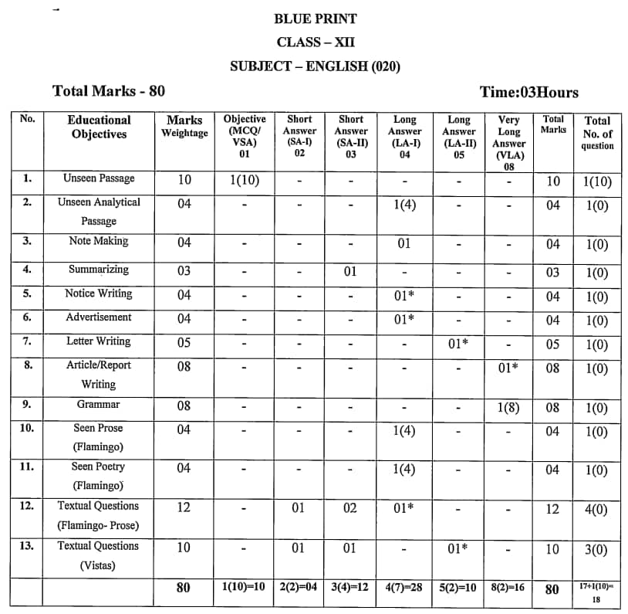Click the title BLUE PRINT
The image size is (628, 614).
point(315,19)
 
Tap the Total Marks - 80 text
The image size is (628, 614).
point(109,91)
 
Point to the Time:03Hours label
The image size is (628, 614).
point(528,93)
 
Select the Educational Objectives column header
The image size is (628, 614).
point(99,127)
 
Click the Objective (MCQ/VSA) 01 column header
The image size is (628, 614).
point(245,136)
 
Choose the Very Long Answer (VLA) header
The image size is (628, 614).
point(508,137)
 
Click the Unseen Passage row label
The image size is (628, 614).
point(99,178)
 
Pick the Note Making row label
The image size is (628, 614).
point(98,241)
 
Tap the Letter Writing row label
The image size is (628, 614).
point(98,341)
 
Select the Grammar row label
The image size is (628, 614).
point(98,404)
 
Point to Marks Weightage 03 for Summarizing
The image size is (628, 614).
point(184,271)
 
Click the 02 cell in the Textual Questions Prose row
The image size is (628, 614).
point(350,508)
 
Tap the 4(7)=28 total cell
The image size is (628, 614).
point(404,587)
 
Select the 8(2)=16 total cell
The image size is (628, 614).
point(508,587)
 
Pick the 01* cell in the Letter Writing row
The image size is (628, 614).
point(458,344)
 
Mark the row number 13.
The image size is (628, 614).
point(27,546)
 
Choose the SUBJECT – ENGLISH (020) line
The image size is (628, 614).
point(315,66)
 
